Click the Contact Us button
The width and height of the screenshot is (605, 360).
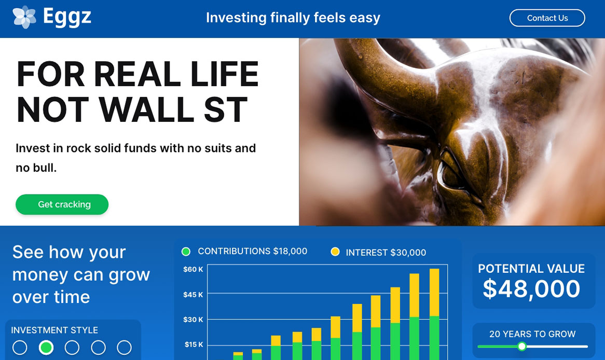(x=547, y=18)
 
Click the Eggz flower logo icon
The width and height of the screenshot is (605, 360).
(x=24, y=17)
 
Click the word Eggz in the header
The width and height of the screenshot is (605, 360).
(x=67, y=17)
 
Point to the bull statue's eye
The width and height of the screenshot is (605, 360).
(x=451, y=174)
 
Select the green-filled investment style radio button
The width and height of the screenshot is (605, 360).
(x=46, y=347)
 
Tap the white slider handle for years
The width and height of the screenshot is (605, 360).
(x=521, y=346)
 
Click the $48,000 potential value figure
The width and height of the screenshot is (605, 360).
(x=531, y=288)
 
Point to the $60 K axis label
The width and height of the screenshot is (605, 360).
(x=193, y=269)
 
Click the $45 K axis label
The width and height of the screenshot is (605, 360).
(x=193, y=295)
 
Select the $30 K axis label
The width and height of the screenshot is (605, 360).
(x=193, y=320)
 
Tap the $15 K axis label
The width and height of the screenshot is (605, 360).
(x=193, y=344)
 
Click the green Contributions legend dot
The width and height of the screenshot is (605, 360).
(x=186, y=252)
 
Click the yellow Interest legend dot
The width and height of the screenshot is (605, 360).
(x=335, y=252)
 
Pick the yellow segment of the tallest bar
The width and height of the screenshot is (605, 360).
(x=434, y=292)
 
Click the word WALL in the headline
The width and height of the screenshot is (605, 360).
(x=147, y=110)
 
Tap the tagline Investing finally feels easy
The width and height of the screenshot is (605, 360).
(x=293, y=18)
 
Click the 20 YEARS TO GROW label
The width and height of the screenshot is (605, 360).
(x=532, y=334)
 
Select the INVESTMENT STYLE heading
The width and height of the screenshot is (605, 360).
(x=54, y=330)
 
